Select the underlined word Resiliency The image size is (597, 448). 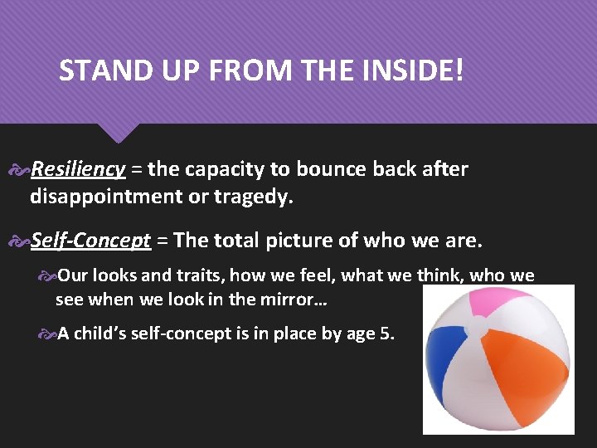tap(78, 170)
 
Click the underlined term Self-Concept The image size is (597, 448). tap(90, 241)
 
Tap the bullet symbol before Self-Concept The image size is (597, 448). tap(20, 241)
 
